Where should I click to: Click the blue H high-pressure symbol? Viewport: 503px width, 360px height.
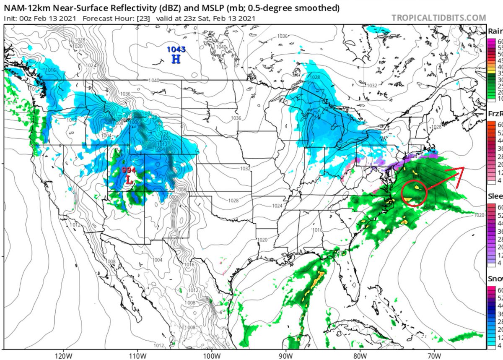[176, 59]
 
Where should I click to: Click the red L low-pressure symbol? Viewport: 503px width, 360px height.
[130, 180]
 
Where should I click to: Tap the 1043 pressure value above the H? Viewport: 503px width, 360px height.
[176, 50]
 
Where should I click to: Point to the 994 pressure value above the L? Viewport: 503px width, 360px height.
[129, 170]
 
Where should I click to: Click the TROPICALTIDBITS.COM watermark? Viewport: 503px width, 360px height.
[439, 18]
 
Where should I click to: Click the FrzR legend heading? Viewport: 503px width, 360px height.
[495, 114]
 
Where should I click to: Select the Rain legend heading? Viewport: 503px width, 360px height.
[495, 31]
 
